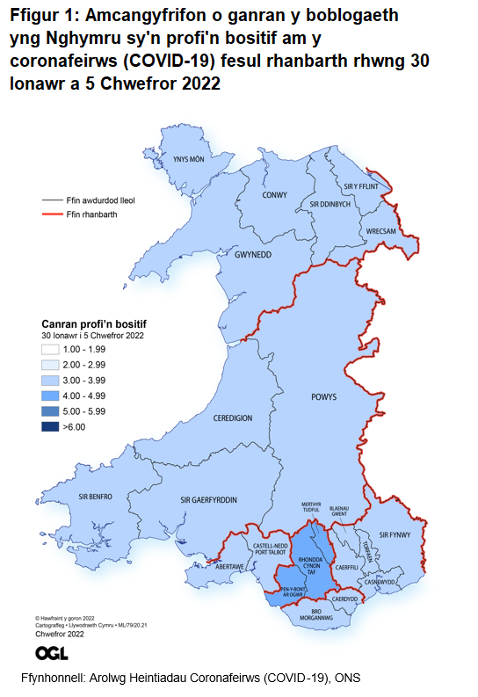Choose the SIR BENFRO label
[x=95, y=497]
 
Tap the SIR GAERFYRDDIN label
[x=208, y=500]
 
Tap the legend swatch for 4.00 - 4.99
[x=51, y=396]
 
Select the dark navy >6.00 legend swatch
[x=51, y=427]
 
